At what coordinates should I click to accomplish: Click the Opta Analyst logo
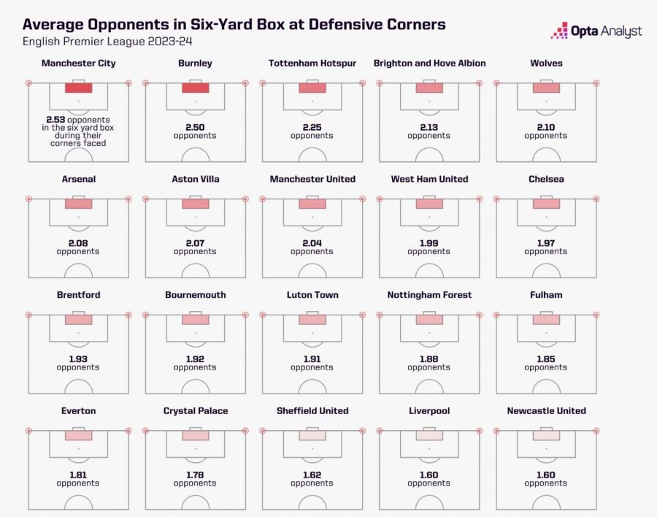pyautogui.click(x=596, y=31)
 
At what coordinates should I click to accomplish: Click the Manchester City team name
pyautogui.click(x=78, y=64)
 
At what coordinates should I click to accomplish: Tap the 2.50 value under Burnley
pyautogui.click(x=195, y=127)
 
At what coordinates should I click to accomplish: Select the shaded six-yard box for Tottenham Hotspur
pyautogui.click(x=312, y=88)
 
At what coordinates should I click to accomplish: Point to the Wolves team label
pyautogui.click(x=546, y=64)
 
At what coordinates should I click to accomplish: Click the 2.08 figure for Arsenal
pyautogui.click(x=78, y=243)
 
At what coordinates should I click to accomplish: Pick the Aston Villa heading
pyautogui.click(x=195, y=180)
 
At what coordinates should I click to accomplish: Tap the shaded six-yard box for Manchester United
pyautogui.click(x=312, y=204)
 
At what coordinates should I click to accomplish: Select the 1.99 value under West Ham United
pyautogui.click(x=429, y=243)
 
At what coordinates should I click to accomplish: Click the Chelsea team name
pyautogui.click(x=546, y=180)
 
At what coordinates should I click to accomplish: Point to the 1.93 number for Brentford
pyautogui.click(x=78, y=359)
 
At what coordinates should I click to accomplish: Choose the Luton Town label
pyautogui.click(x=312, y=295)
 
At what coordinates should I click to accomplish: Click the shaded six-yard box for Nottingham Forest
pyautogui.click(x=429, y=320)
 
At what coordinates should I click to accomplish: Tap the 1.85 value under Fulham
pyautogui.click(x=546, y=359)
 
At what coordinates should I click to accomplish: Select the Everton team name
pyautogui.click(x=78, y=411)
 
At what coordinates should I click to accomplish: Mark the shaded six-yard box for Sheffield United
pyautogui.click(x=312, y=436)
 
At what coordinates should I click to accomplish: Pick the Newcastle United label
pyautogui.click(x=546, y=411)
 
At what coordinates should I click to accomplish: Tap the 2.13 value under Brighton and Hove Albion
pyautogui.click(x=429, y=127)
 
